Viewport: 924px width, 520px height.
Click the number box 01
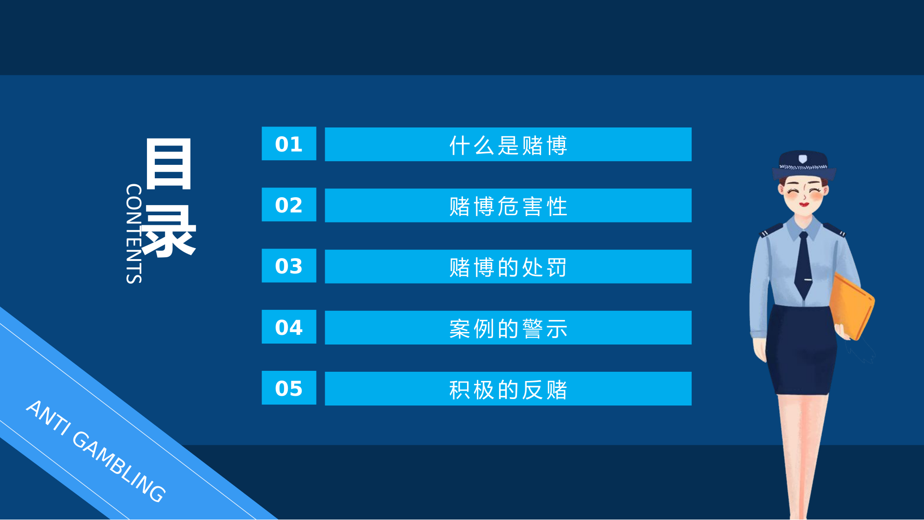tap(289, 144)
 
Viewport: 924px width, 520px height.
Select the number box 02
tap(289, 205)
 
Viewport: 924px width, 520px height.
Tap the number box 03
tap(289, 266)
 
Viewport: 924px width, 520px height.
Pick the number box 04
tap(289, 327)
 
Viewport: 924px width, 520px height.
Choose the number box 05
tap(289, 388)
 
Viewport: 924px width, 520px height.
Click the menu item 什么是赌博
tap(508, 145)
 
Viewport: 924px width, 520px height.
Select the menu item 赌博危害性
tap(508, 206)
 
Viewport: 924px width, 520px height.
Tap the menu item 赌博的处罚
tap(508, 266)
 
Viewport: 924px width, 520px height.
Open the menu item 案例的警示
tap(508, 328)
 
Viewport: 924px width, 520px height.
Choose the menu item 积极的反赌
tap(508, 389)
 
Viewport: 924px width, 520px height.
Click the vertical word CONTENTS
tap(134, 233)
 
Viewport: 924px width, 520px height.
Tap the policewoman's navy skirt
tap(802, 351)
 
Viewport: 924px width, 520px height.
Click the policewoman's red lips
tap(804, 204)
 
